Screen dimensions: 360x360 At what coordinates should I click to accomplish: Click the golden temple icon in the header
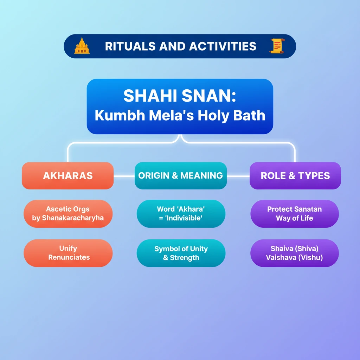click(82, 46)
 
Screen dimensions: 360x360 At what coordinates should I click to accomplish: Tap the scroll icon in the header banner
click(277, 46)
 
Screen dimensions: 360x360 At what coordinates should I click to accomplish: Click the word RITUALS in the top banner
click(130, 46)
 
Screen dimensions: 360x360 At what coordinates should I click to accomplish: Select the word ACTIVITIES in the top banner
click(223, 46)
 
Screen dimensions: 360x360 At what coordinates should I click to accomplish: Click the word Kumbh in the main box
click(120, 115)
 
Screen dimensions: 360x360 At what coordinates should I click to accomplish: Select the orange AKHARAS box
click(68, 176)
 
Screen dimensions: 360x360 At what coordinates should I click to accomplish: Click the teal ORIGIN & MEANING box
click(181, 176)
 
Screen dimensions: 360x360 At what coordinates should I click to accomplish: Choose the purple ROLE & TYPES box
click(295, 176)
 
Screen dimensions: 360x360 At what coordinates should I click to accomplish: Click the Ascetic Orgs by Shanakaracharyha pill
click(68, 213)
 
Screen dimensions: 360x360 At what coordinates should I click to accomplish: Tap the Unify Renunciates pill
click(68, 253)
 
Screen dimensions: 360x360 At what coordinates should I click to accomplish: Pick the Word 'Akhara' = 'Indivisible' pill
click(181, 213)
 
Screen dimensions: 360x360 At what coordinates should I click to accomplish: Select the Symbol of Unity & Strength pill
click(181, 253)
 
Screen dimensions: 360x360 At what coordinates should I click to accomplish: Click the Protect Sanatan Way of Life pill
click(295, 213)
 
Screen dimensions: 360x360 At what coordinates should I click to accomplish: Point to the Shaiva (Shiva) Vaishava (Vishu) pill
click(295, 253)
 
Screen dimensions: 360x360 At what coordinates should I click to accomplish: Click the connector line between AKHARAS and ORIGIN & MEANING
click(124, 176)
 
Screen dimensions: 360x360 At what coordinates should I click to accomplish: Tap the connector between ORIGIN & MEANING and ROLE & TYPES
click(238, 176)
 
